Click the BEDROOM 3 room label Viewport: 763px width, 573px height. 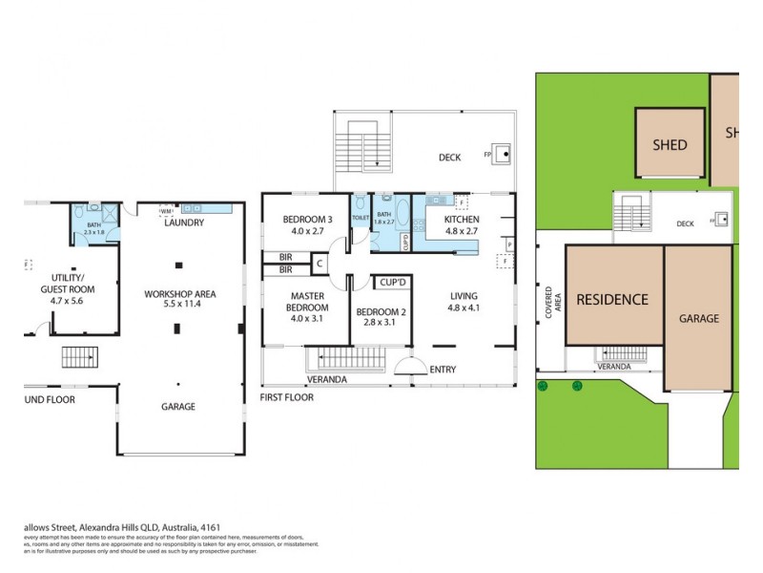[x=305, y=224]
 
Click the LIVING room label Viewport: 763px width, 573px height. [x=464, y=302]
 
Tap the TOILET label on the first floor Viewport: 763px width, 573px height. [x=360, y=218]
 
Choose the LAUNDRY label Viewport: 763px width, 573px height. [x=183, y=223]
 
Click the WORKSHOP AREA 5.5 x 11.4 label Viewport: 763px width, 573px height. [x=180, y=298]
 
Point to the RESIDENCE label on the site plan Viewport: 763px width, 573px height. [x=611, y=299]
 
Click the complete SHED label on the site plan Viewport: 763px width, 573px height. [x=670, y=145]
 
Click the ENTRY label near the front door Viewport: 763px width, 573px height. [x=443, y=370]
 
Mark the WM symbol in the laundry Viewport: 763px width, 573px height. [x=166, y=211]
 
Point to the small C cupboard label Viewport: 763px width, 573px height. [x=320, y=264]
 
